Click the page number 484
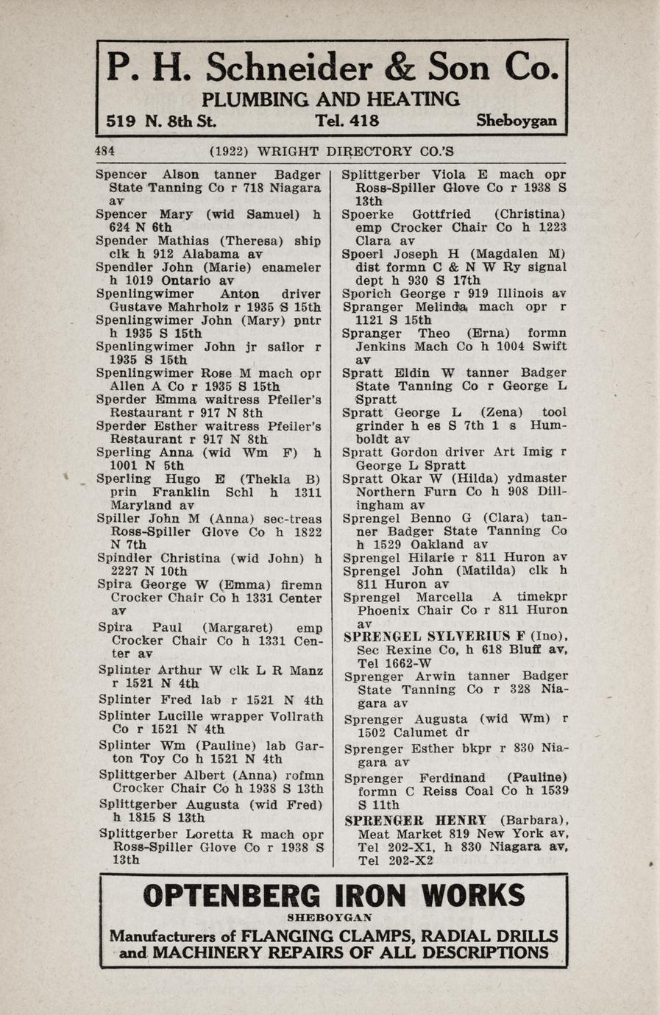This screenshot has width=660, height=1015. point(104,152)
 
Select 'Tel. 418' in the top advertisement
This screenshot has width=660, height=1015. point(347,121)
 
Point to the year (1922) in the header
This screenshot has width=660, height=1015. point(228,152)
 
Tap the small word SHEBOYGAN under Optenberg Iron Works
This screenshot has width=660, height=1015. point(330,917)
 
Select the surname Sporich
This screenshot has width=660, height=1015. point(367,294)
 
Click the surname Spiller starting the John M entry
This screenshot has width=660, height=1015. point(118,518)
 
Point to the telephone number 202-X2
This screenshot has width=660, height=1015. point(408,860)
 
